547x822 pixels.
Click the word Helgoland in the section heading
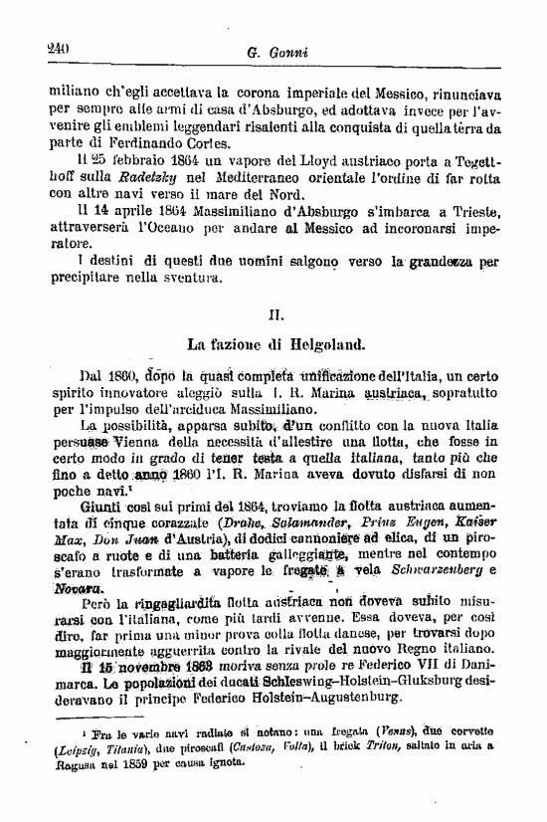(323, 344)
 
